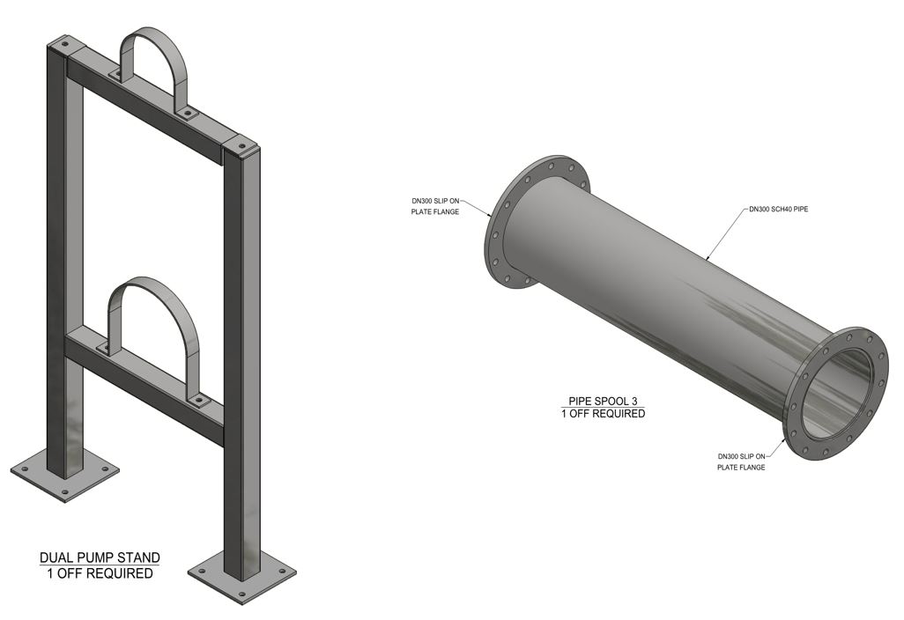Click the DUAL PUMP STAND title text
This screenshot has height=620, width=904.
pos(100,557)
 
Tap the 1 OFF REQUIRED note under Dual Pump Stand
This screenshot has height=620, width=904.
pos(100,573)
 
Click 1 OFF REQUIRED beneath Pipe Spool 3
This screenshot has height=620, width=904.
pos(603,413)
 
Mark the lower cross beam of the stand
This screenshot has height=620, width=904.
pos(145,384)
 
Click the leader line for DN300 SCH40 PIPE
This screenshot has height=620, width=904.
pos(727,233)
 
